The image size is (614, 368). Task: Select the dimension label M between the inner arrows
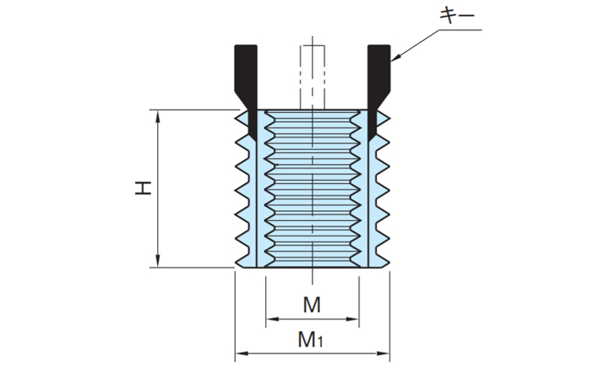pos(311,306)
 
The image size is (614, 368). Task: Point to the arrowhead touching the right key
pos(395,59)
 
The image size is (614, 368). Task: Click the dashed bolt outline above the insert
pos(311,70)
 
